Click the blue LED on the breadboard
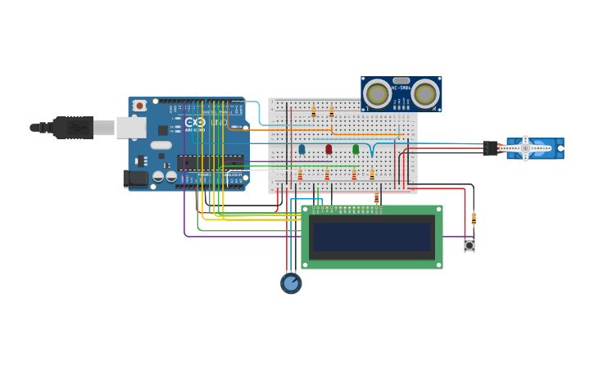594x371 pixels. pyautogui.click(x=302, y=149)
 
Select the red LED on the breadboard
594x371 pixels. pyautogui.click(x=329, y=149)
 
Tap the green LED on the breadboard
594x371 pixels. pyautogui.click(x=356, y=149)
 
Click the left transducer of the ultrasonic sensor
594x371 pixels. pyautogui.click(x=378, y=94)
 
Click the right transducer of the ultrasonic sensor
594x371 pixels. pyautogui.click(x=424, y=94)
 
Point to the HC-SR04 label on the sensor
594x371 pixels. pyautogui.click(x=401, y=88)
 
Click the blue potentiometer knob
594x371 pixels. pyautogui.click(x=291, y=283)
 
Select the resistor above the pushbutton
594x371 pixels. pyautogui.click(x=474, y=219)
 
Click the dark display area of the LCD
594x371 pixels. pyautogui.click(x=372, y=237)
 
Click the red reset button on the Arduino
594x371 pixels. pyautogui.click(x=140, y=106)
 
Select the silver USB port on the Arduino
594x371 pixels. pyautogui.click(x=131, y=127)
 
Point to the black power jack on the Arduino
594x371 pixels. pyautogui.click(x=135, y=178)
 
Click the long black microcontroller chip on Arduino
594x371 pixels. pyautogui.click(x=211, y=162)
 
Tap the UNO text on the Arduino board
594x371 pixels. pyautogui.click(x=219, y=123)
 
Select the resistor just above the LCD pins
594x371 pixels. pyautogui.click(x=377, y=197)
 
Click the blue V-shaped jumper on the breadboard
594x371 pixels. pyautogui.click(x=373, y=150)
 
